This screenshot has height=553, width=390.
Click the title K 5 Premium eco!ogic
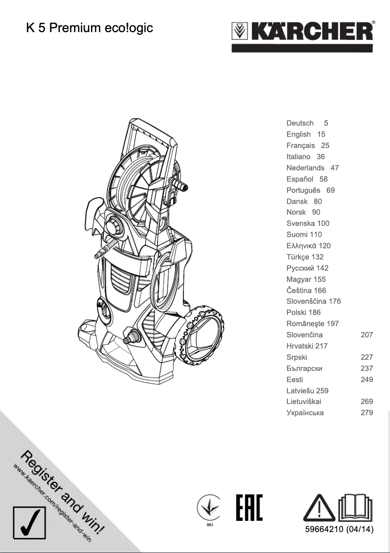[89, 28]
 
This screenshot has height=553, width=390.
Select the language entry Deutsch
[300, 123]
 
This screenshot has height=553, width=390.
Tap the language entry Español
[300, 179]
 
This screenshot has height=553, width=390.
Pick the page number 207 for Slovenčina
[367, 335]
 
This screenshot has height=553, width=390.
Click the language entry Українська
[305, 413]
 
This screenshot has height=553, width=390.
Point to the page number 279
[367, 413]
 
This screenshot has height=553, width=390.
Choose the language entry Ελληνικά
[302, 246]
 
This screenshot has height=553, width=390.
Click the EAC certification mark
[249, 508]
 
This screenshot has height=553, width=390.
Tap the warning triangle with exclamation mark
[319, 508]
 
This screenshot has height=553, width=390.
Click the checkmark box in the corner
[30, 527]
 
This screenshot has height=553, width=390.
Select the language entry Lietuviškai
[304, 402]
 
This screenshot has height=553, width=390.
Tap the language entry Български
[304, 369]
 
